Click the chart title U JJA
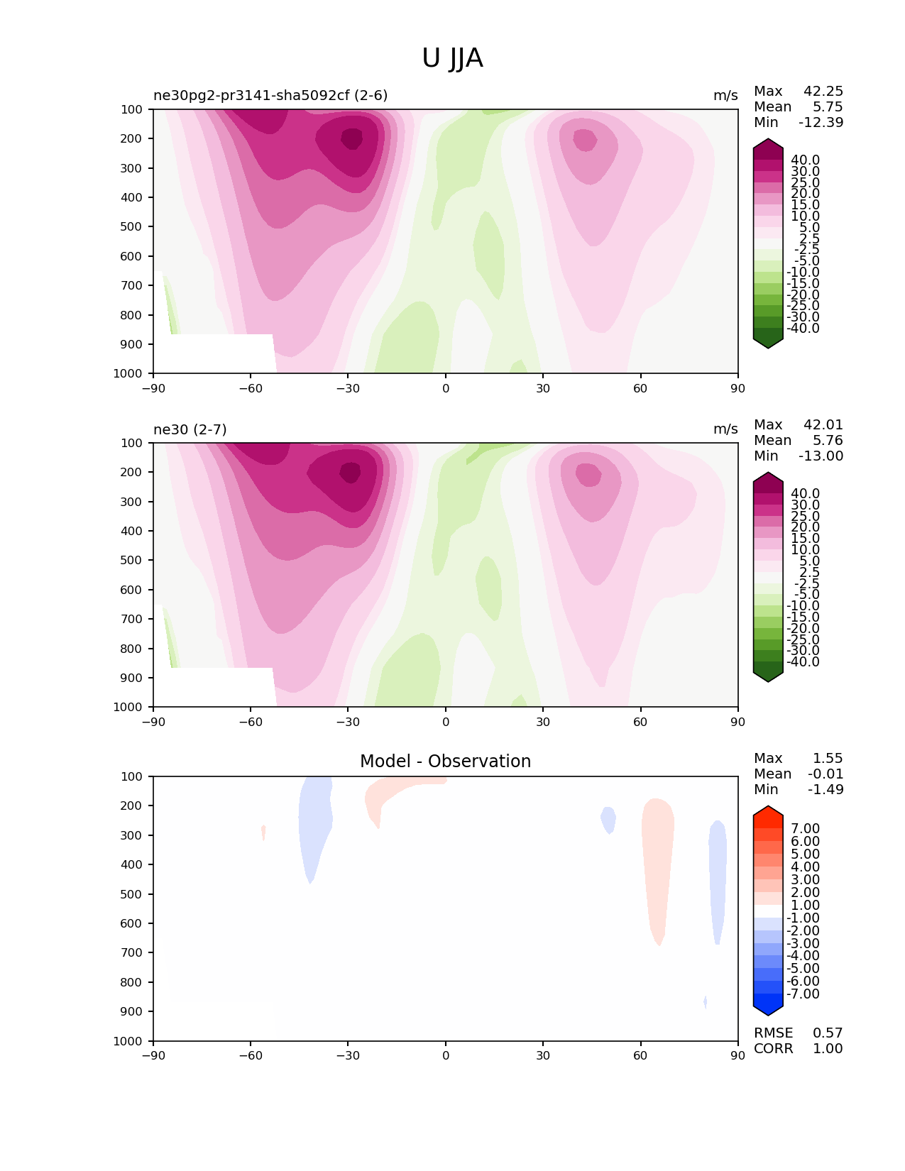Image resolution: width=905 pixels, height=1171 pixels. pos(452,58)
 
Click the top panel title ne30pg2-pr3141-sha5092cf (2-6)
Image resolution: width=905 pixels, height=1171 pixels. pos(270,95)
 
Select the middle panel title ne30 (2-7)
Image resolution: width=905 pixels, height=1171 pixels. pos(190,429)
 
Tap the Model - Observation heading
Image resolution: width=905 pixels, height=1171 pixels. pos(445,761)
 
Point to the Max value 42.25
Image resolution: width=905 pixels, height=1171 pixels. pos(823,91)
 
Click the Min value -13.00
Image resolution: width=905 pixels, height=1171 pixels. pos(821,456)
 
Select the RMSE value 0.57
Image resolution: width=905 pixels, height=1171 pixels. pos(828,1033)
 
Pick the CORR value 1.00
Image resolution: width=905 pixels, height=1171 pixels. pos(828,1048)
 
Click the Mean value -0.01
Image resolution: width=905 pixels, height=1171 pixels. pos(826,774)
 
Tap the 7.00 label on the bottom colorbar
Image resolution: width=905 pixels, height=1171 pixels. pos(805,828)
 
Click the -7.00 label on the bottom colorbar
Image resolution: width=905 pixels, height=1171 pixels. pos(803,994)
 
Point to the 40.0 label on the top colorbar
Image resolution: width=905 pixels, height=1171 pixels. pos(805,160)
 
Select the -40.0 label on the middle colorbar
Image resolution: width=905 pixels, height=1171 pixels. pos(803,661)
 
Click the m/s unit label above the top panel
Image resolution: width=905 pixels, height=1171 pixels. pos(725,95)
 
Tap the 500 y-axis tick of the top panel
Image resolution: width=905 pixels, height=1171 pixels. pos(132,226)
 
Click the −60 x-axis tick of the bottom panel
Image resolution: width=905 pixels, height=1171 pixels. pos(251,1055)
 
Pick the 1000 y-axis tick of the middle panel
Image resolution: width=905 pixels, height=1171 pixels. pos(128,707)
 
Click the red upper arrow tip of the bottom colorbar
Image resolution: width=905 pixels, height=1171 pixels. pos(768,811)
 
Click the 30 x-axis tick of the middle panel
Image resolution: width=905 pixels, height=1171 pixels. pos(543,722)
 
